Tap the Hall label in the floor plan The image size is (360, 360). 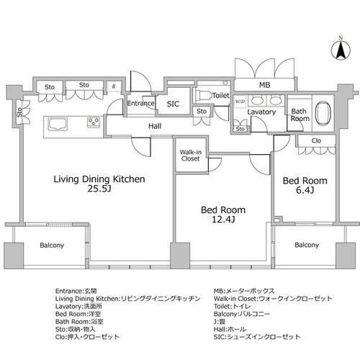[155, 126]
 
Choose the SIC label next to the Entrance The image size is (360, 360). [173, 104]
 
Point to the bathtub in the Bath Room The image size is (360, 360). [321, 114]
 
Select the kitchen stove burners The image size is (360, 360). [94, 121]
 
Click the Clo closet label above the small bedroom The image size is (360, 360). [316, 141]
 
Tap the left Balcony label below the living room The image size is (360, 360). [50, 246]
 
